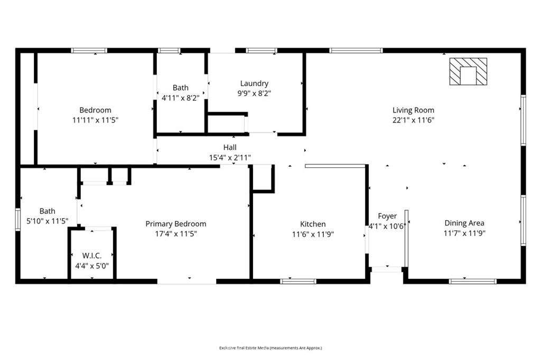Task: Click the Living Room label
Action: pos(413,110)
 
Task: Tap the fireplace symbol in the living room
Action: pos(468,71)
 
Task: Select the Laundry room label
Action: pos(254,83)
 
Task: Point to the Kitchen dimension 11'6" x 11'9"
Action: pos(313,234)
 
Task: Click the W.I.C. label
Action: pos(92,256)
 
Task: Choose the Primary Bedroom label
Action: pos(176,224)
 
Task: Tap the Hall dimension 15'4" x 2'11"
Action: pos(230,158)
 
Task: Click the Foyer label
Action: pos(387,216)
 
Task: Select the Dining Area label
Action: pos(464,223)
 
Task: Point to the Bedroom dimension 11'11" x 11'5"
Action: pos(95,120)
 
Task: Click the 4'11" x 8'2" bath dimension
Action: pos(181,98)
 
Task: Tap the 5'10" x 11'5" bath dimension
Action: pos(47,221)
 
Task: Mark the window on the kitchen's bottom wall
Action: pos(298,281)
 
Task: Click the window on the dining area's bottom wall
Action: pos(473,281)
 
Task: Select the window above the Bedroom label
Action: pos(89,51)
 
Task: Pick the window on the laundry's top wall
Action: pos(262,51)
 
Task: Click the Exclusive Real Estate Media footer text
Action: pos(270,348)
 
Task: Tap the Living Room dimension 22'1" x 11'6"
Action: pos(413,120)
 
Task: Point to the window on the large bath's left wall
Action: pos(18,219)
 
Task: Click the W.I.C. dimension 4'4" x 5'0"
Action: pos(92,266)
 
